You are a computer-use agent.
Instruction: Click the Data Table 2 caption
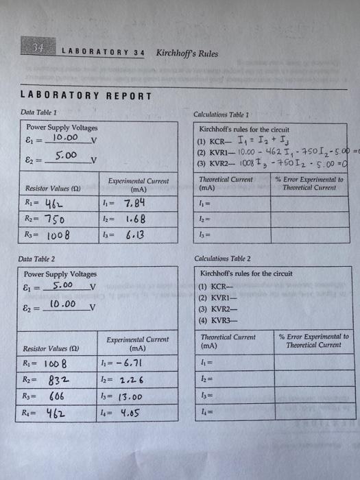coord(41,259)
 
